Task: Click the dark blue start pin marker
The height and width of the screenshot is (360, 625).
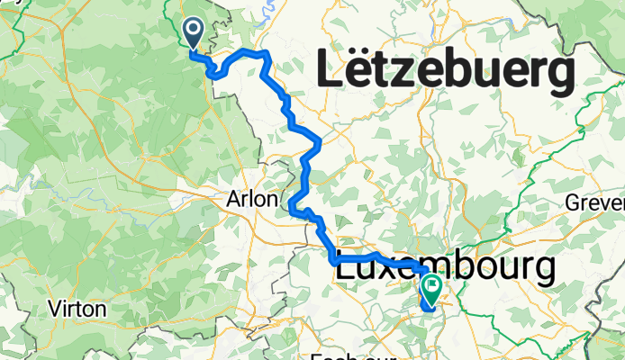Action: click(194, 34)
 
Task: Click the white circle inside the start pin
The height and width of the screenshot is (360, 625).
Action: click(194, 31)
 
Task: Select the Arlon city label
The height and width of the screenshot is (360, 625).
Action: click(253, 200)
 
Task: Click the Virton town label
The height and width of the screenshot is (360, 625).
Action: click(77, 309)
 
